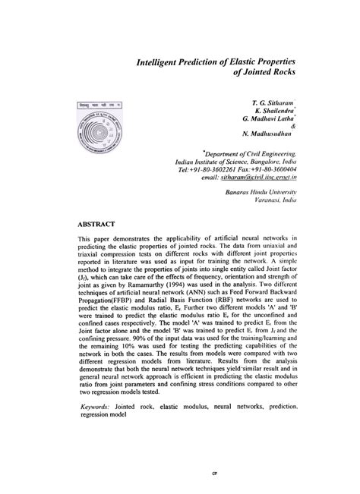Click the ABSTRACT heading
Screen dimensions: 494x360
[96, 225]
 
